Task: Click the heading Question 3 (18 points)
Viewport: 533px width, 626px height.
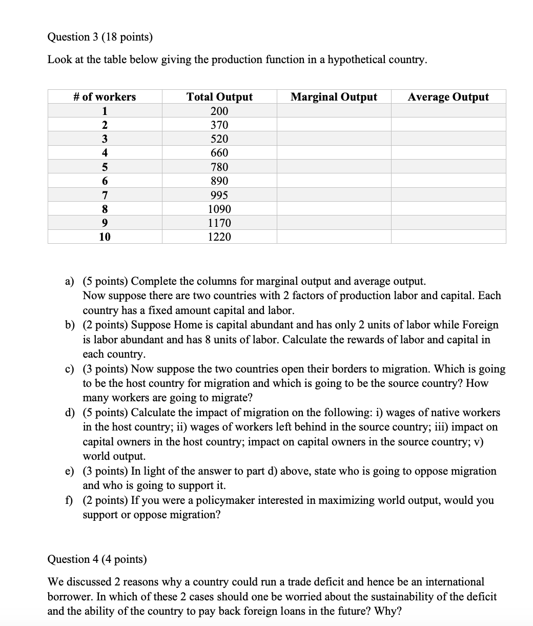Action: pos(100,37)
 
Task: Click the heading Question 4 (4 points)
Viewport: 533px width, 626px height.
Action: pos(97,559)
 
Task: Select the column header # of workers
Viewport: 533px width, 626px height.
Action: pos(105,97)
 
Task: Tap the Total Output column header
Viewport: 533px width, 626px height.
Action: pos(219,97)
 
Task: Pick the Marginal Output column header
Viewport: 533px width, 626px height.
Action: pos(334,97)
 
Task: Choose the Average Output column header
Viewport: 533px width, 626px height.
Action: pos(448,97)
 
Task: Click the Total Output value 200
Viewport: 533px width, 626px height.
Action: pos(219,111)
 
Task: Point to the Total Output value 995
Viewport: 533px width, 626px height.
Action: pos(219,195)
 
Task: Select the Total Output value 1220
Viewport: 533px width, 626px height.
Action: pos(219,237)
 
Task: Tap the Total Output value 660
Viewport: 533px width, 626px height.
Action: pos(219,153)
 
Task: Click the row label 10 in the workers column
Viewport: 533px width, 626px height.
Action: pos(105,237)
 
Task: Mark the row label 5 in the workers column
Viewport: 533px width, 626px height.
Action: pos(105,167)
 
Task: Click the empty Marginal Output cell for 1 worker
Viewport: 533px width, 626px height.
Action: pos(334,111)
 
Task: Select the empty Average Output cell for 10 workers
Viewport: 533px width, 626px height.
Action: pos(448,237)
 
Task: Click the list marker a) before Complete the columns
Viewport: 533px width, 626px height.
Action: pos(69,281)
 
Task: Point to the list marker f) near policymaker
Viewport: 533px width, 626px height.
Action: pos(68,500)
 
